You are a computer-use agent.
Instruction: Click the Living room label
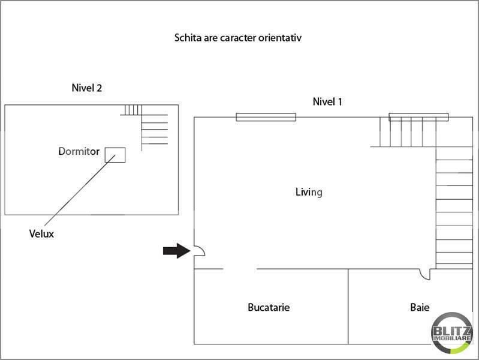click(309, 192)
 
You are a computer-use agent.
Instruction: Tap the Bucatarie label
click(269, 307)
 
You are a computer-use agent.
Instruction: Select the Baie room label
click(420, 307)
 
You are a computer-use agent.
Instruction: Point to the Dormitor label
click(79, 151)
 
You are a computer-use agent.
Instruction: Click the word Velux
click(41, 233)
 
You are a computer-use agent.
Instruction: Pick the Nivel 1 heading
click(327, 101)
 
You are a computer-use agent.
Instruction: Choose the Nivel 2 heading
click(87, 88)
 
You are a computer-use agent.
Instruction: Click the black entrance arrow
click(177, 251)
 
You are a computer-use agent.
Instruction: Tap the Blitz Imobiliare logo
click(452, 333)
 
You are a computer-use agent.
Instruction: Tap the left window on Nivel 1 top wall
click(266, 117)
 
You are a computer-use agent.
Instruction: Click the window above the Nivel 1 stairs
click(418, 117)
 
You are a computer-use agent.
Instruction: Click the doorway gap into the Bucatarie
click(240, 269)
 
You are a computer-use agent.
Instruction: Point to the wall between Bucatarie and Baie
click(348, 307)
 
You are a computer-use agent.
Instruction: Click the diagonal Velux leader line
click(80, 190)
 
